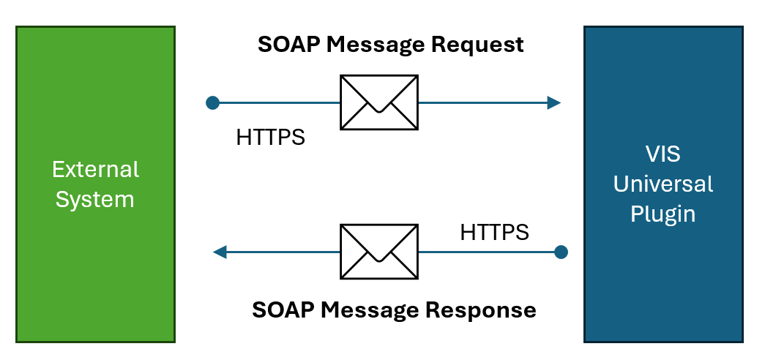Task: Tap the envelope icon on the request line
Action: click(379, 102)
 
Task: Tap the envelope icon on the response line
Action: click(379, 252)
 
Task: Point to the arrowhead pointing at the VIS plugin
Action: click(554, 102)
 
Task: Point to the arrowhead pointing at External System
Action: click(219, 252)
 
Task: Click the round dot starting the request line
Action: click(213, 102)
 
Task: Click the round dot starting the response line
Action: click(561, 252)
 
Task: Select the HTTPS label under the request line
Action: click(270, 137)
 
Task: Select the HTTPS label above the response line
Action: click(494, 233)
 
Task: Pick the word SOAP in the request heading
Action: click(287, 45)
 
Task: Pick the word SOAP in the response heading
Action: click(281, 310)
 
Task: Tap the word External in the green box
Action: click(95, 170)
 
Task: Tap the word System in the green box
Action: click(95, 199)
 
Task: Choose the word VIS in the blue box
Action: click(663, 155)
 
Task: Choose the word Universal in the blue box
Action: click(663, 184)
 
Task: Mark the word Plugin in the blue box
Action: click(663, 214)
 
